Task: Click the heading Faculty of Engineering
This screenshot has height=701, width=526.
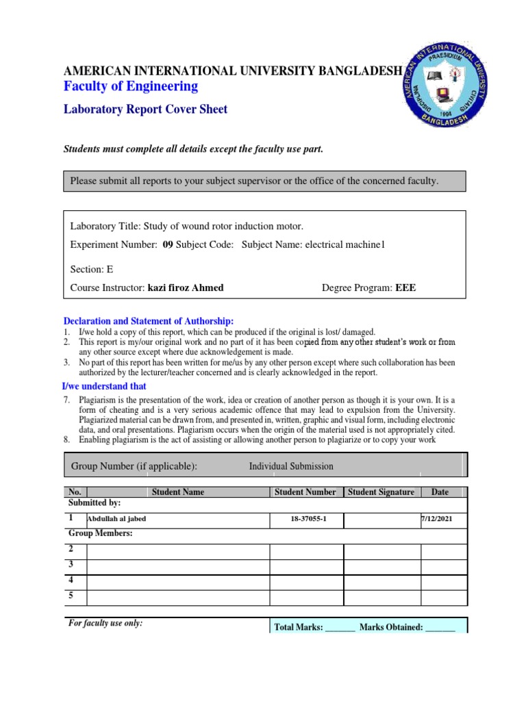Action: (x=131, y=86)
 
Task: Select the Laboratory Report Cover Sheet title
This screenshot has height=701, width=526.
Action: (x=145, y=109)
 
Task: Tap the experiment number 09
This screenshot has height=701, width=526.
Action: (x=167, y=245)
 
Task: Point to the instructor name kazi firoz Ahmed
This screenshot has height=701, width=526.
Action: (x=185, y=288)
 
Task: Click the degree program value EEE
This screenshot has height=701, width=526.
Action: (x=405, y=288)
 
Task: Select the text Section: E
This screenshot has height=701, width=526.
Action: (x=92, y=269)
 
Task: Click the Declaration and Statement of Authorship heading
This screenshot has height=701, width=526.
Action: (x=149, y=321)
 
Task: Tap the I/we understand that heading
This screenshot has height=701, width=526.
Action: (x=105, y=387)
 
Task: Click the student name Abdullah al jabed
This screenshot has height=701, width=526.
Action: (x=116, y=519)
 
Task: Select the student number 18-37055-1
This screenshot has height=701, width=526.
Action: (x=305, y=520)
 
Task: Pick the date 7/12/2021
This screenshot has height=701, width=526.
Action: (x=436, y=520)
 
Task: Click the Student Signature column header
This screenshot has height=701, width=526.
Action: (x=381, y=492)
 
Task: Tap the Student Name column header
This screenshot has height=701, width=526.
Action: (x=178, y=492)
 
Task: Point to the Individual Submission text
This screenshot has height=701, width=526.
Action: (x=291, y=466)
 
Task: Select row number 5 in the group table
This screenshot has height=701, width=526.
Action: (x=71, y=596)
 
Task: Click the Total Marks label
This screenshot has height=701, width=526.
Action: (x=298, y=626)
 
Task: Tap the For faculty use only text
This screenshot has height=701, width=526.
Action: (x=105, y=624)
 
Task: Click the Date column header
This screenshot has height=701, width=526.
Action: (x=440, y=492)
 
